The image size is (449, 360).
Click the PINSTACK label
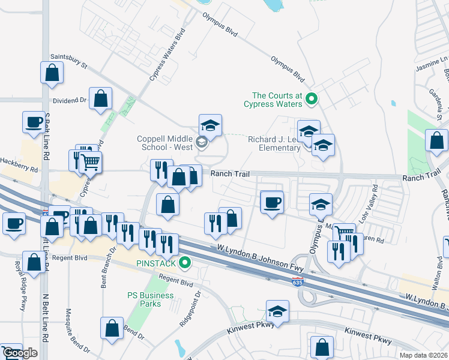(155, 263)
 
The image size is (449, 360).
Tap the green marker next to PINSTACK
(185, 262)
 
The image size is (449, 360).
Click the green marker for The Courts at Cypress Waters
(311, 98)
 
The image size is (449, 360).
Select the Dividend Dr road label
(70, 100)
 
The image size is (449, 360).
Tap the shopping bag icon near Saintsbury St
(52, 73)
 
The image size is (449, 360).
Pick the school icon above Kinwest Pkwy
(277, 311)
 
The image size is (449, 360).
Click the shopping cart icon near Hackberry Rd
(90, 161)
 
